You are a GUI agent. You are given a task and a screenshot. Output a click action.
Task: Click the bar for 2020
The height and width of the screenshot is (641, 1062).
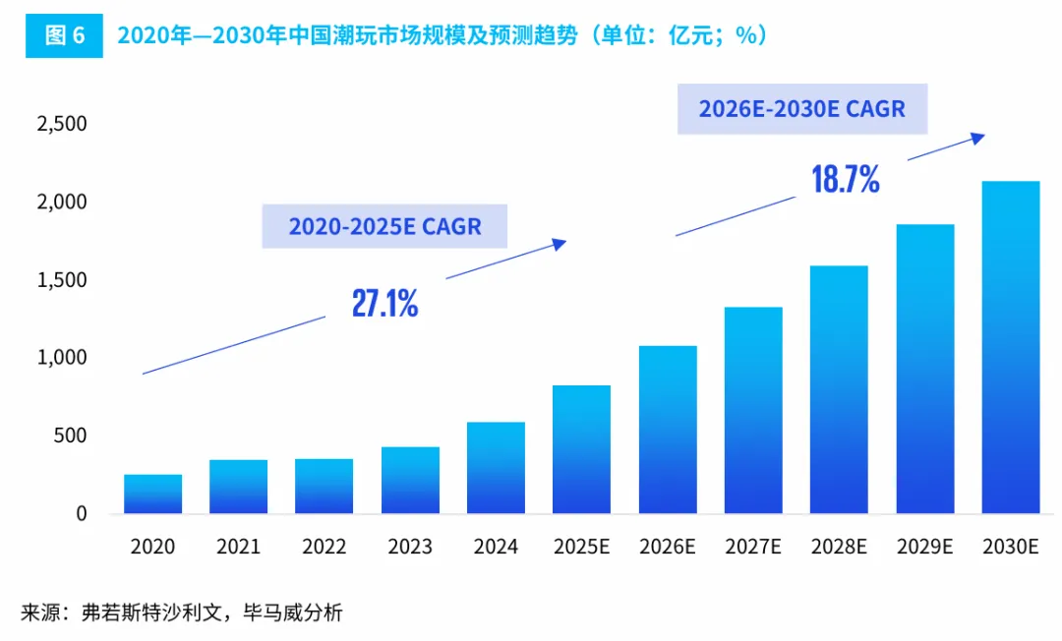(x=152, y=495)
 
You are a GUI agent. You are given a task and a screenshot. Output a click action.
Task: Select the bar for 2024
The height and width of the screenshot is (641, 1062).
(x=496, y=468)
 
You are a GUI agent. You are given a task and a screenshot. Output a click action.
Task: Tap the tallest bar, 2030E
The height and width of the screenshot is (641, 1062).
(x=1011, y=347)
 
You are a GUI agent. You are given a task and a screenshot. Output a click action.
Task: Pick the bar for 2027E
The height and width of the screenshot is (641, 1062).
(x=753, y=411)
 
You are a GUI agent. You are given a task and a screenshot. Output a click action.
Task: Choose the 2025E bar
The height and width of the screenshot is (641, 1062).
(x=581, y=449)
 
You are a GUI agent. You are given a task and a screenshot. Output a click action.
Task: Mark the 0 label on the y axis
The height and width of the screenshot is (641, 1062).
(x=81, y=513)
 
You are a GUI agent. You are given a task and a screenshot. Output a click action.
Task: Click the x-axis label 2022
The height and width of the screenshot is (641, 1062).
(x=324, y=547)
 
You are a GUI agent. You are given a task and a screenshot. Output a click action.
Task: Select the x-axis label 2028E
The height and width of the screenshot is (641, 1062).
(x=839, y=547)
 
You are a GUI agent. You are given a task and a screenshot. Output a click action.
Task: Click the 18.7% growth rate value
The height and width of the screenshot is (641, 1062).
(x=845, y=180)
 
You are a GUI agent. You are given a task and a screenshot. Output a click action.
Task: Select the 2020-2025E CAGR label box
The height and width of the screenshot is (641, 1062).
(x=384, y=227)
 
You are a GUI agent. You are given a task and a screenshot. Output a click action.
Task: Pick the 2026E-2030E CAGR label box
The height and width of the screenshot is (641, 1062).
(x=801, y=108)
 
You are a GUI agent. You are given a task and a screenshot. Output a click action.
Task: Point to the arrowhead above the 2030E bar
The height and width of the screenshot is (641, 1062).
(x=976, y=137)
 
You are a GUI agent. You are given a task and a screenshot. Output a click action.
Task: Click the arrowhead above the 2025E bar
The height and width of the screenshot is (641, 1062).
(x=560, y=243)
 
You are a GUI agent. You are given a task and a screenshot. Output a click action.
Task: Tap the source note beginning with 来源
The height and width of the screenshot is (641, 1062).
(x=182, y=612)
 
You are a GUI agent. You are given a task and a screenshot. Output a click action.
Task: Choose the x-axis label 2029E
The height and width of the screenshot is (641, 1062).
(x=925, y=547)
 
